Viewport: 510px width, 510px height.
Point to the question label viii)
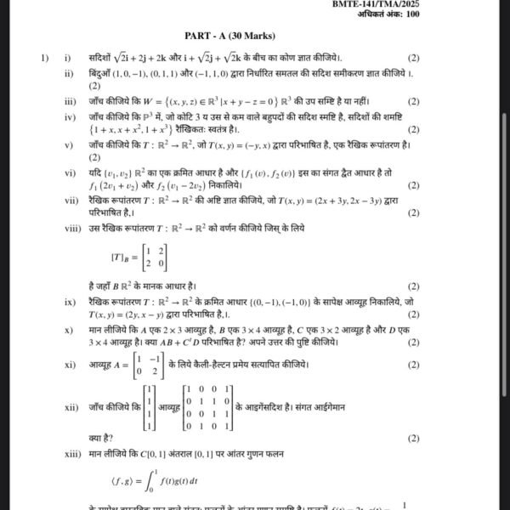pos(71,228)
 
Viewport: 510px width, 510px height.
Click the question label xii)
pos(71,407)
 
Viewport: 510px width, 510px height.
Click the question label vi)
pos(70,173)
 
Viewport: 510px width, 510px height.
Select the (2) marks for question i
pos(413,59)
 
